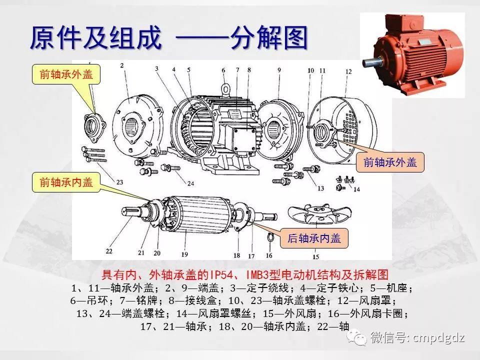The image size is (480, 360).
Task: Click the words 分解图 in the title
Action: click(268, 38)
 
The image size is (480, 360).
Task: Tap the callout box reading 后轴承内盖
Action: click(314, 238)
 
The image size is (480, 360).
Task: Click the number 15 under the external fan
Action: click(315, 257)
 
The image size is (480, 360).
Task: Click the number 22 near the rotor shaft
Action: click(109, 250)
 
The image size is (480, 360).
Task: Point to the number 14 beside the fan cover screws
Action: click(356, 189)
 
